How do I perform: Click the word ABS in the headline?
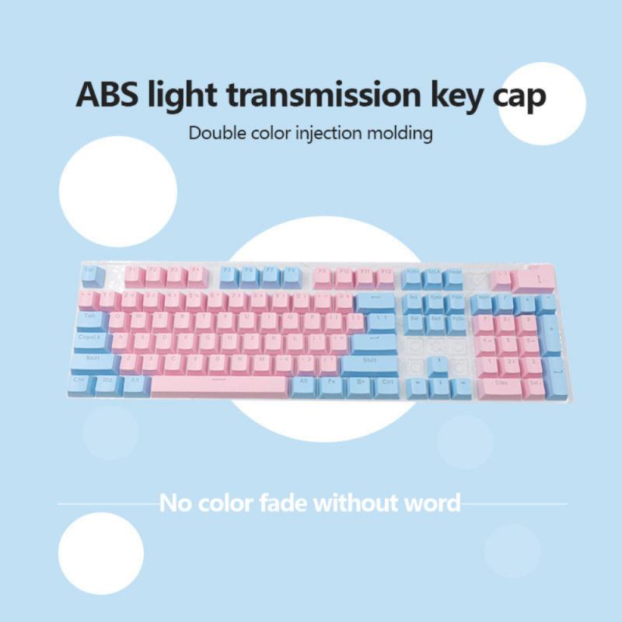coord(110,95)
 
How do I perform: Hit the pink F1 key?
coord(133,274)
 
